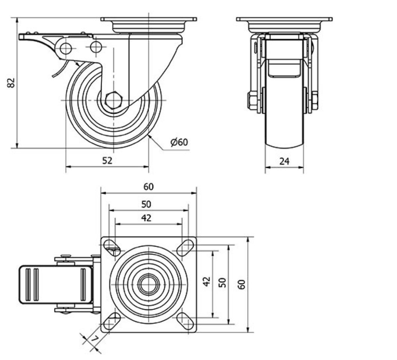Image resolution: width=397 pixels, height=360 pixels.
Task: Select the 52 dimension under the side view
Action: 107,160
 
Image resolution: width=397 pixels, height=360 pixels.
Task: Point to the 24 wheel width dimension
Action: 284,161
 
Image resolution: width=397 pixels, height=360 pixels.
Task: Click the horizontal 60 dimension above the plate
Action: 148,187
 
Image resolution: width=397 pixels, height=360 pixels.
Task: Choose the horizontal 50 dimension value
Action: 146,204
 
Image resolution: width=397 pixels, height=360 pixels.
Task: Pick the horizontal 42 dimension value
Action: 146,218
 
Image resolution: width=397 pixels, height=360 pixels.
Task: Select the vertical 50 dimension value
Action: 222,282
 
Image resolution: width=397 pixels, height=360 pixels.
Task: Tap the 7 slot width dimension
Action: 95,339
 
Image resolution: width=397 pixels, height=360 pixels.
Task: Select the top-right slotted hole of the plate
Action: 185,247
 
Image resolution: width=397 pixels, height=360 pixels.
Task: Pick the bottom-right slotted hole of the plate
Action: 185,321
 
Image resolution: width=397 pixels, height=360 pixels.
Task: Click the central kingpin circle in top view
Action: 148,284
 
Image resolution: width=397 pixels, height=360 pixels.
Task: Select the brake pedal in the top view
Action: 56,284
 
